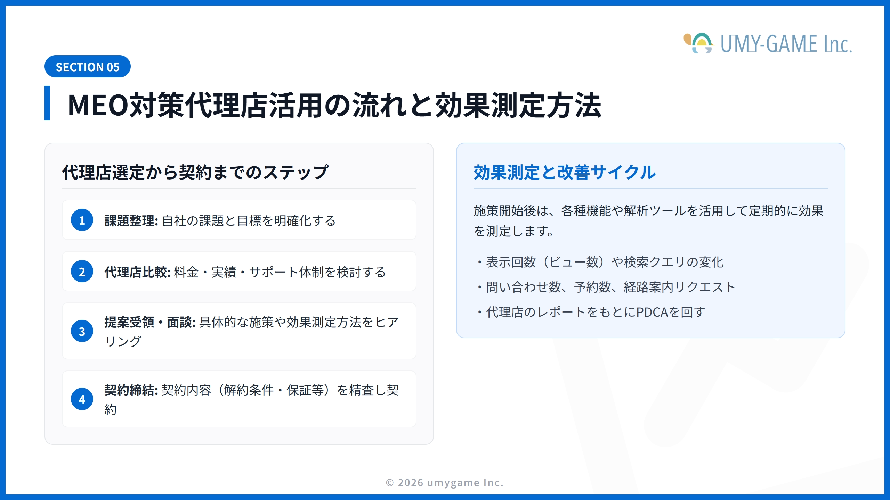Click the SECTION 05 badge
click(x=88, y=66)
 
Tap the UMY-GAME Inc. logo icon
click(x=699, y=43)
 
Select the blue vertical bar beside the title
click(x=47, y=103)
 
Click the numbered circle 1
click(x=82, y=220)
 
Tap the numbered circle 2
click(x=82, y=271)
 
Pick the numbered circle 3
click(x=82, y=331)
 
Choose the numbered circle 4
click(x=82, y=399)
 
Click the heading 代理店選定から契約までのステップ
click(x=195, y=172)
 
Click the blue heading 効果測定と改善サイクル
click(x=565, y=172)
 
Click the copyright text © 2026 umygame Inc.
click(x=445, y=483)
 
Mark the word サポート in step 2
click(x=274, y=272)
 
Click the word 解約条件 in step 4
click(x=249, y=390)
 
